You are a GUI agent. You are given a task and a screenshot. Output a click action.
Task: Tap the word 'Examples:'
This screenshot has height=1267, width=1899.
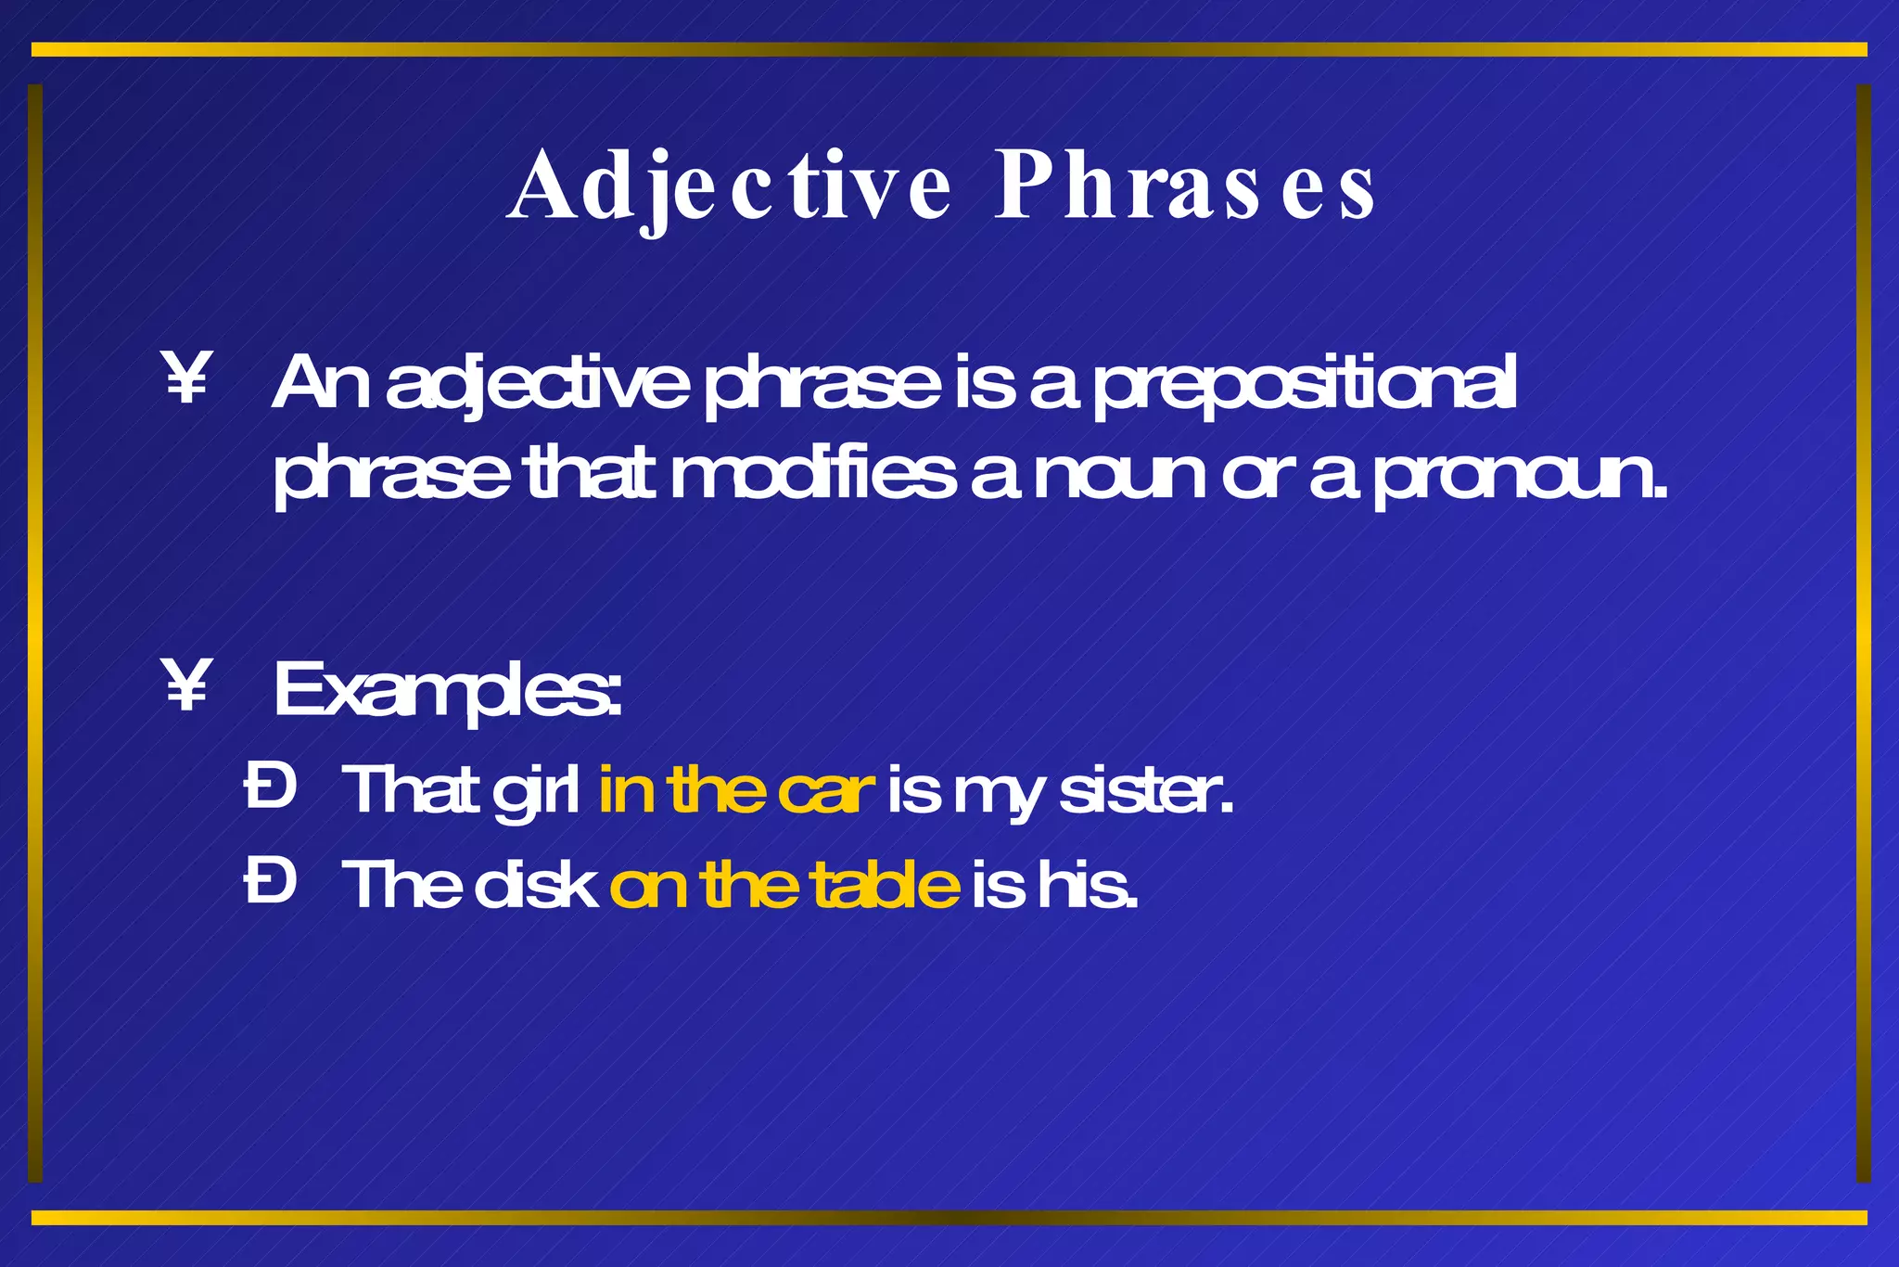[447, 691]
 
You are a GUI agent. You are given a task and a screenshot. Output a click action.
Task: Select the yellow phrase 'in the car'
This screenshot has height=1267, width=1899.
[736, 790]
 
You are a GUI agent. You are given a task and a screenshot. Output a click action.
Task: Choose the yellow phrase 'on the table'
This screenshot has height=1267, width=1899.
[784, 885]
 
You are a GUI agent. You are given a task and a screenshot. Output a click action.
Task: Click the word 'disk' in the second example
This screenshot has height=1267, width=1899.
[536, 885]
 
